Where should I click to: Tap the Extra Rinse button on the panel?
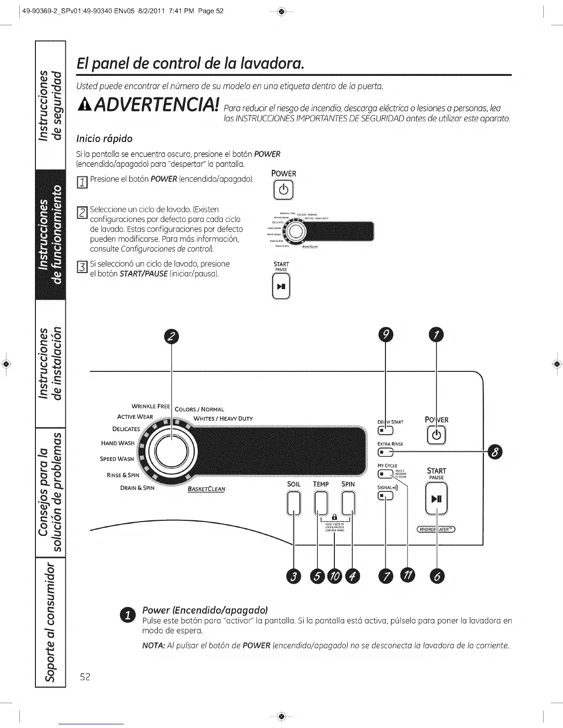[x=385, y=453]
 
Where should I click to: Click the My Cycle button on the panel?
[x=385, y=474]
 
